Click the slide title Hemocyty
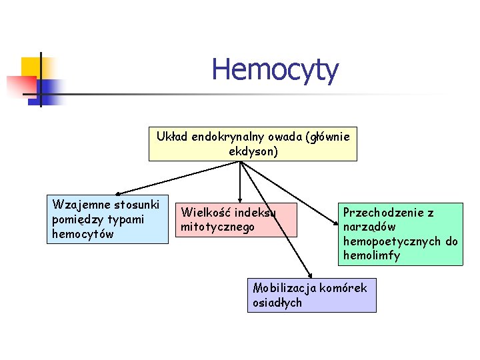[275, 69]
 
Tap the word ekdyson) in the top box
[253, 151]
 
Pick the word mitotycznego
[218, 227]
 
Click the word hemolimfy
[372, 255]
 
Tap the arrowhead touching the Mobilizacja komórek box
[310, 274]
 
